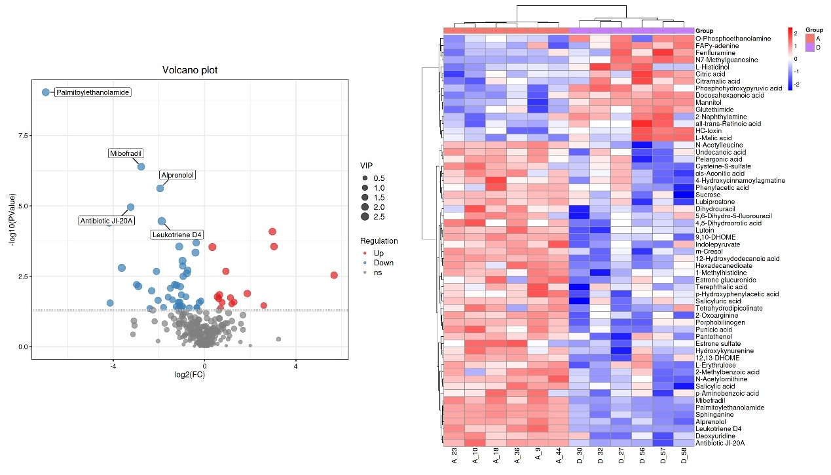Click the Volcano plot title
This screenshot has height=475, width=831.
[x=190, y=70]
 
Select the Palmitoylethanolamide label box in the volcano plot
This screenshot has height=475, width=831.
[x=92, y=92]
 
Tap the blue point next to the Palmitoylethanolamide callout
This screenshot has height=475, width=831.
[x=46, y=92]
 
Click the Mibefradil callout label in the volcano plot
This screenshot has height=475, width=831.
[x=126, y=153]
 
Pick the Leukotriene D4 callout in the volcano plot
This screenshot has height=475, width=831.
[x=177, y=235]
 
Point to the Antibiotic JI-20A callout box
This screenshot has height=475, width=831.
[x=107, y=221]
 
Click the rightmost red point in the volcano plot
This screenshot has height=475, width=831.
[x=334, y=275]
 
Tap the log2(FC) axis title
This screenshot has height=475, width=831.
[x=190, y=375]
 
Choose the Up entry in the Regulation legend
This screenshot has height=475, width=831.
[x=379, y=253]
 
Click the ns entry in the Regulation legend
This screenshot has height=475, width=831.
[x=377, y=273]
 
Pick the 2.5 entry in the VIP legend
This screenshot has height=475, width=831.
[x=379, y=217]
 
